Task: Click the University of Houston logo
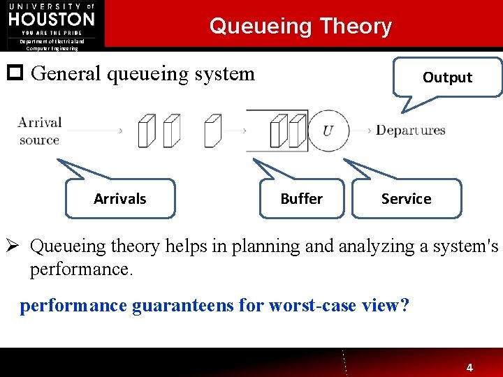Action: pyautogui.click(x=52, y=19)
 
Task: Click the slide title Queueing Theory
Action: pyautogui.click(x=300, y=27)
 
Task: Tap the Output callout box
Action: pyautogui.click(x=447, y=77)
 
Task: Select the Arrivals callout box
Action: pyautogui.click(x=120, y=199)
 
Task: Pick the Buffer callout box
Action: pyautogui.click(x=301, y=199)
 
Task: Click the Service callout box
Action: pyautogui.click(x=406, y=199)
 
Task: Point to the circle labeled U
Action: pyautogui.click(x=327, y=131)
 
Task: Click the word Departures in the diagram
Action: pyautogui.click(x=410, y=131)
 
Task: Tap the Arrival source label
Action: pyautogui.click(x=40, y=131)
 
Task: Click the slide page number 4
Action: pyautogui.click(x=469, y=367)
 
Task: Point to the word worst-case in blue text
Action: pyautogui.click(x=319, y=306)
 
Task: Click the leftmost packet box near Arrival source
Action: pyautogui.click(x=146, y=130)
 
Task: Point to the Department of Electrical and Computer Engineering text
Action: pyautogui.click(x=52, y=45)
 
